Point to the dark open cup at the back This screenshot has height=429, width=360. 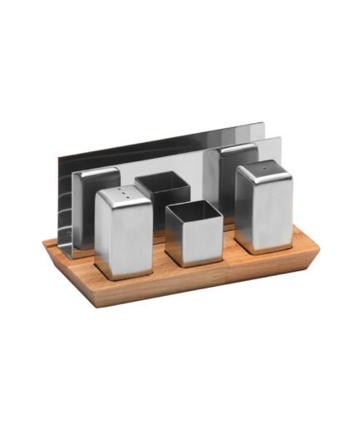(x=163, y=195)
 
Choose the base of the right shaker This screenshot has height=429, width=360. (x=263, y=248)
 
